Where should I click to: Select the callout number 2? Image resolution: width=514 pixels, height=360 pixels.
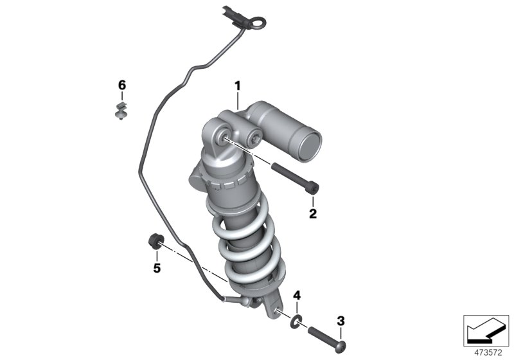tap(313, 213)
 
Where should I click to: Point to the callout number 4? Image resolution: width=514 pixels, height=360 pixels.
tap(297, 296)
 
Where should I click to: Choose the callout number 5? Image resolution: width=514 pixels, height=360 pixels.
tap(156, 268)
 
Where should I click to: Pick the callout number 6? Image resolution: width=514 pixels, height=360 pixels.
tap(122, 85)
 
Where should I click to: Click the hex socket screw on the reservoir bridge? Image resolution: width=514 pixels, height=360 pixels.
tap(256, 136)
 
